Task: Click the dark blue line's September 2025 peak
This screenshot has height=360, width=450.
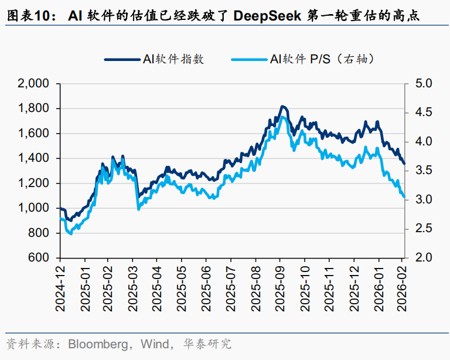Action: pyautogui.click(x=282, y=106)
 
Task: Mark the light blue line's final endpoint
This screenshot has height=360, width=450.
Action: pyautogui.click(x=404, y=197)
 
